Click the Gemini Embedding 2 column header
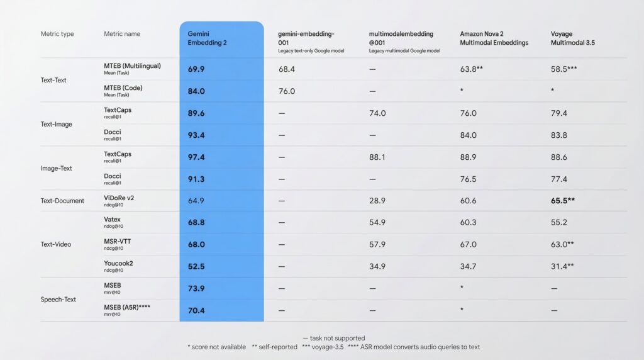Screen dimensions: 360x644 (x=207, y=38)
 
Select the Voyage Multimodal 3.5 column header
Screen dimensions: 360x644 (x=573, y=38)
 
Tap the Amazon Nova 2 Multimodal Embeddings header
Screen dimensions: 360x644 (x=494, y=38)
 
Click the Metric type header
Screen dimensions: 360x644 (x=57, y=33)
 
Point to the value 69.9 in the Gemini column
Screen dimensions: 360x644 (x=196, y=69)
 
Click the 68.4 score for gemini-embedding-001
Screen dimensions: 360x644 (x=287, y=69)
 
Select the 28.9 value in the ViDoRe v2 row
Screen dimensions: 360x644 (x=377, y=201)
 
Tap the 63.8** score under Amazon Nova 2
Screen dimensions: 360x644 (x=471, y=69)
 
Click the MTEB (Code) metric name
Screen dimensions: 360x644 (x=123, y=88)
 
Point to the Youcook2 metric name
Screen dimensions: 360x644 (x=118, y=263)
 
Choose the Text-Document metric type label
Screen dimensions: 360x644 (x=62, y=201)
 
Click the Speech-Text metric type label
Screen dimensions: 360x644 (x=58, y=300)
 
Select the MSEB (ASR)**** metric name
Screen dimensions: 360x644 (x=128, y=307)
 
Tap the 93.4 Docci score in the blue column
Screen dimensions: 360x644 (x=196, y=135)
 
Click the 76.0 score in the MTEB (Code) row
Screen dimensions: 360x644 (x=287, y=91)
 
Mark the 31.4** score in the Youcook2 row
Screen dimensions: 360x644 (x=562, y=267)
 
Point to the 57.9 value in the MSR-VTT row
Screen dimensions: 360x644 (x=377, y=245)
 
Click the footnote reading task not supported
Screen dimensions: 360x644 (x=333, y=338)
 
